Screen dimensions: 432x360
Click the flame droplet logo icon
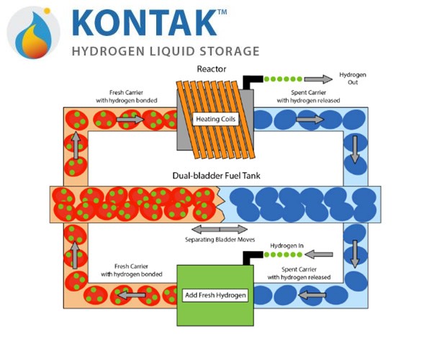[x=34, y=32]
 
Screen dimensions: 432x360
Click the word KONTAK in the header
[x=144, y=22]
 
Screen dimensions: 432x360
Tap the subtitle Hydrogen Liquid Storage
[x=166, y=51]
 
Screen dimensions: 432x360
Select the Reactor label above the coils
[x=211, y=69]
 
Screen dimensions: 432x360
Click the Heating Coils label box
[x=215, y=120]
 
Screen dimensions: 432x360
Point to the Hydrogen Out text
[x=353, y=78]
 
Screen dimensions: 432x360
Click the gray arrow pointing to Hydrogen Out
[x=318, y=79]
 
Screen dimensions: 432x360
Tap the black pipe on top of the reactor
[x=252, y=82]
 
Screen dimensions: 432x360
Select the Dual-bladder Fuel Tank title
[x=216, y=176]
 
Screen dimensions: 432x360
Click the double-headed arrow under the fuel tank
[x=220, y=229]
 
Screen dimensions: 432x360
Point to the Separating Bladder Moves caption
[x=220, y=240]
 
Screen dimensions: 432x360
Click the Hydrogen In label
[x=287, y=246]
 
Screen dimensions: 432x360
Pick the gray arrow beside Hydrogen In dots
[x=319, y=254]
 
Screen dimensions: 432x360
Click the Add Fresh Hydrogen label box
[x=215, y=295]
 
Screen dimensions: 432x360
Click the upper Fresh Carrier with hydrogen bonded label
[x=127, y=96]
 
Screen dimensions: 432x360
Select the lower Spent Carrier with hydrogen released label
[x=299, y=273]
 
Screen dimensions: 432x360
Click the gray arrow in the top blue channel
[x=310, y=120]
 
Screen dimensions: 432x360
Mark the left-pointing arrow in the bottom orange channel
[x=132, y=295]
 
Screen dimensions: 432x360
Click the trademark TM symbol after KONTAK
[x=222, y=12]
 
